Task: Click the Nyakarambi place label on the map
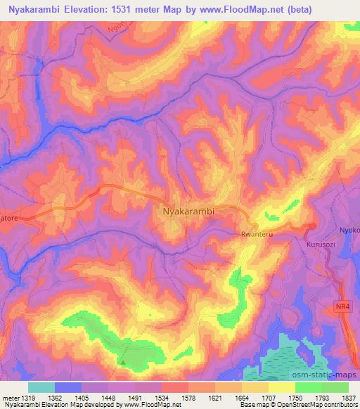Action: coord(188,210)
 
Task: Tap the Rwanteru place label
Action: coord(255,236)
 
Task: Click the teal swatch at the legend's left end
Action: coord(41,387)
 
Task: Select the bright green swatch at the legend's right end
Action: coord(335,387)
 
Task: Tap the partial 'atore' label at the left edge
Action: coord(10,219)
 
